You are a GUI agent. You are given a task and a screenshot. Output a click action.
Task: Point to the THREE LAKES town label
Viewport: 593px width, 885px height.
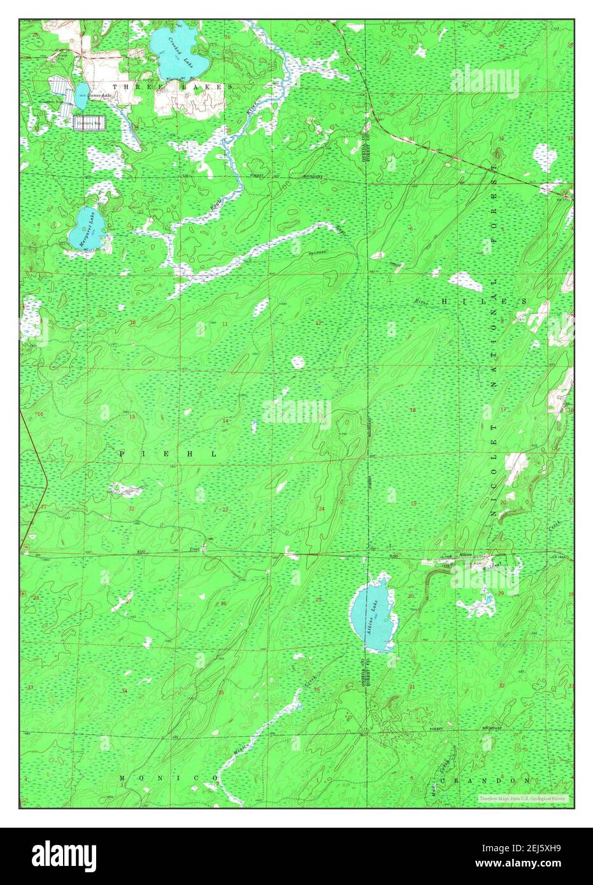click(x=172, y=86)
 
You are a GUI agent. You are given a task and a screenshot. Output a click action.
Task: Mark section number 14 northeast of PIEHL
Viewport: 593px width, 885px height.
click(x=225, y=421)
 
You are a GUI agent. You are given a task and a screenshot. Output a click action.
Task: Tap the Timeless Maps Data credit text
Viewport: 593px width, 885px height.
click(x=524, y=798)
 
